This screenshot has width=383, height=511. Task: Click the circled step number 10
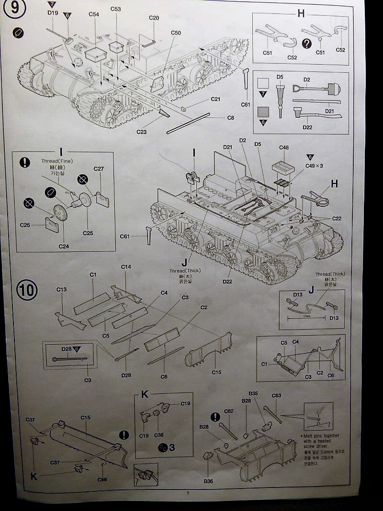(x=26, y=290)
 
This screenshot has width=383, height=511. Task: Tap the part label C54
(x=94, y=15)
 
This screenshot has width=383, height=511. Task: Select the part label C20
(x=154, y=18)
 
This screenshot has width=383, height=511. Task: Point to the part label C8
(x=231, y=117)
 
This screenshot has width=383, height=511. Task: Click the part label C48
(x=284, y=148)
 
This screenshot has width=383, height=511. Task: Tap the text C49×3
(x=315, y=166)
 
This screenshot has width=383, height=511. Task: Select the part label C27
(x=99, y=169)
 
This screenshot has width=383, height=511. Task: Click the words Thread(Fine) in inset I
(x=57, y=161)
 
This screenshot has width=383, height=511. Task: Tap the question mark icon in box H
(x=307, y=44)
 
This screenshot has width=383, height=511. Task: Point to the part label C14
(x=126, y=267)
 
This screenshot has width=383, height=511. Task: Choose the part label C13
(x=61, y=289)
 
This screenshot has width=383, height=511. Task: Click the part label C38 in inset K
(x=159, y=436)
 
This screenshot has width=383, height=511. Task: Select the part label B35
(x=253, y=394)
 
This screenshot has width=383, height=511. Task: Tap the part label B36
(x=208, y=481)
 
